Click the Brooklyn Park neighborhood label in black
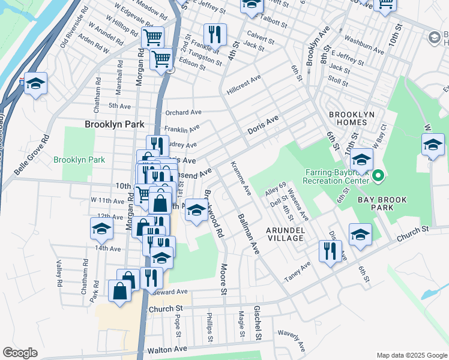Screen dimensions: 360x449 (x=115, y=124)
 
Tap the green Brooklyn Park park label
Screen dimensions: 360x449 (x=79, y=160)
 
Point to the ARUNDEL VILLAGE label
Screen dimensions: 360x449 (x=286, y=234)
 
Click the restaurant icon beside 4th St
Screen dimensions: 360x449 (x=215, y=34)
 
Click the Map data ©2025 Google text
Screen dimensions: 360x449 (x=411, y=355)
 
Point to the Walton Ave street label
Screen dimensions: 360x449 (x=172, y=349)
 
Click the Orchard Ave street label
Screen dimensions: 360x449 (x=184, y=112)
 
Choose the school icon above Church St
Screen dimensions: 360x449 (x=360, y=235)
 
